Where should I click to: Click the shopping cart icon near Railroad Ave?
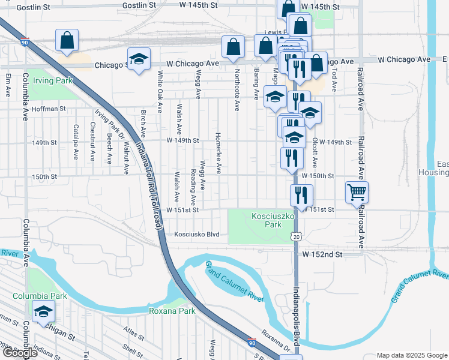coord(357,192)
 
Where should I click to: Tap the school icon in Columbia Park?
coord(43,311)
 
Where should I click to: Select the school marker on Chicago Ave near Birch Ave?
coord(139,59)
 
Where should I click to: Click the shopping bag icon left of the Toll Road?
coord(67,40)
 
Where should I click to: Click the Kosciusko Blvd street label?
coord(197,235)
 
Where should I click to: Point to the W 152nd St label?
coord(322,254)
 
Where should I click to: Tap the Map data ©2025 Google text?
coord(412,355)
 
